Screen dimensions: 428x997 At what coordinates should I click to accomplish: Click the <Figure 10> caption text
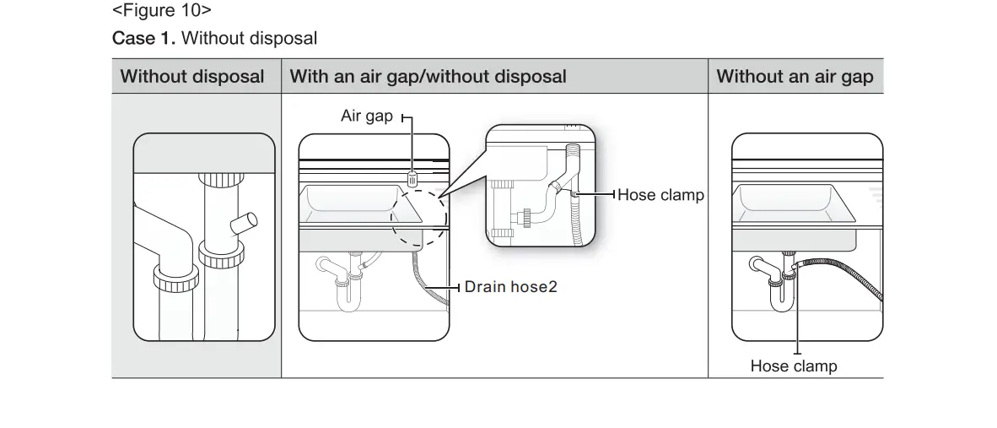[161, 12]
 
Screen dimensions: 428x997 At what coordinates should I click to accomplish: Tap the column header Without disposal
[192, 77]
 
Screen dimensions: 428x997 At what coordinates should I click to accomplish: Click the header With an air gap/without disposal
[428, 77]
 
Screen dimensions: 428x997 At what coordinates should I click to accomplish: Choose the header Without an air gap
[795, 77]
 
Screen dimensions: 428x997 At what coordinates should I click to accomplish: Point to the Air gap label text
[366, 116]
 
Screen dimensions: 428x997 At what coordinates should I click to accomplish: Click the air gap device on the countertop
[412, 178]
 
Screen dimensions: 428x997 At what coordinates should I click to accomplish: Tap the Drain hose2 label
[511, 287]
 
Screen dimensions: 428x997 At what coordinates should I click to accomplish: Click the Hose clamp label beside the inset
[660, 195]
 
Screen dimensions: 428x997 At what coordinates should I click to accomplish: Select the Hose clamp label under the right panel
[794, 366]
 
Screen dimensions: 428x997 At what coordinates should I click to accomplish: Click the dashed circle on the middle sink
[418, 219]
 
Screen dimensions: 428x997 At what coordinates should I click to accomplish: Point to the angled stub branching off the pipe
[244, 225]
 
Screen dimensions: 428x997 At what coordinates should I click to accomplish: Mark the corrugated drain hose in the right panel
[843, 274]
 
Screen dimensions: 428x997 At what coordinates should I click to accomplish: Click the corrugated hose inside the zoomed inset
[579, 211]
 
